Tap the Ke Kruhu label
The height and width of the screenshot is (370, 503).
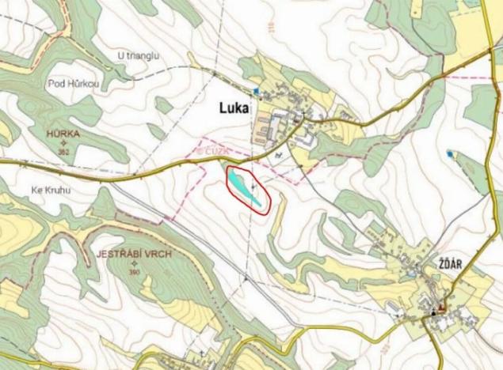(x=53, y=190)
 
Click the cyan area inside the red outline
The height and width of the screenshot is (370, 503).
(x=246, y=187)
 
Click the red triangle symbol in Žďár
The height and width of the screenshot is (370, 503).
(x=443, y=306)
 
